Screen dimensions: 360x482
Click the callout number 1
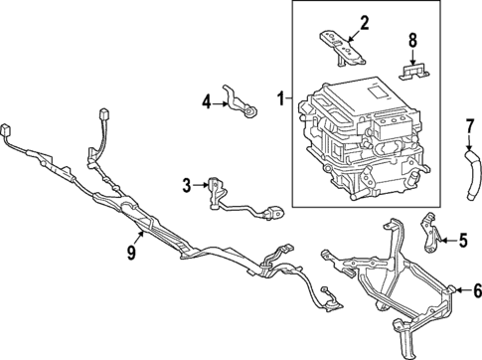point(280,98)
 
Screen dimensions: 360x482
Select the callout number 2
point(336,22)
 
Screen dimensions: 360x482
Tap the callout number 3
point(187,184)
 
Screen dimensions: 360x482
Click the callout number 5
point(462,240)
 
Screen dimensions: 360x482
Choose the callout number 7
point(470,125)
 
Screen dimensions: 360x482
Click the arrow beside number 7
point(470,141)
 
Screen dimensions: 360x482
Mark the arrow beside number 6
point(459,289)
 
